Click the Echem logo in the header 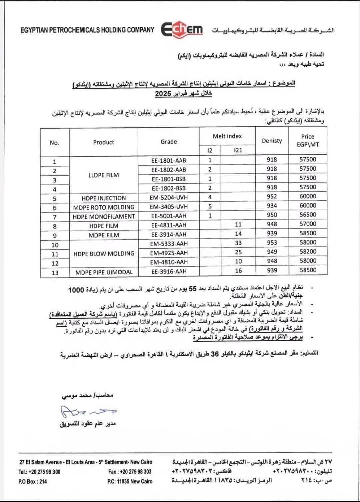[182, 30]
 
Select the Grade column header [169, 142]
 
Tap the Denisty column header [272, 141]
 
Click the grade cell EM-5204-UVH [169, 197]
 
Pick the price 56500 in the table [308, 215]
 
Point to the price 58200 [308, 252]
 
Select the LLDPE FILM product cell [104, 175]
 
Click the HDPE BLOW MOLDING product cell [104, 253]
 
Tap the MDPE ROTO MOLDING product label [104, 207]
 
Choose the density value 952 [272, 196]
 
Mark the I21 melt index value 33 [238, 243]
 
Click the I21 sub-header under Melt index [238, 150]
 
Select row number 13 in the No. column [55, 273]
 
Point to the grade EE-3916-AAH [169, 271]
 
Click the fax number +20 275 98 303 [130, 472]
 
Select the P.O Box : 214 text [33, 481]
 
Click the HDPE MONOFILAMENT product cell [104, 217]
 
